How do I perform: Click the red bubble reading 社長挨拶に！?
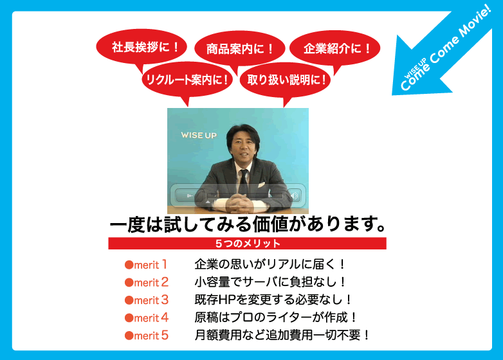(x=142, y=47)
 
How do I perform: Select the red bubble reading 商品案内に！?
(x=240, y=48)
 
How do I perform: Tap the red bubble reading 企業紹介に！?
(x=335, y=48)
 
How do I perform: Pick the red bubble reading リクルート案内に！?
(x=187, y=80)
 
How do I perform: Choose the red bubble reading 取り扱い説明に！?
(x=285, y=80)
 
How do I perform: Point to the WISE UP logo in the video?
(x=199, y=135)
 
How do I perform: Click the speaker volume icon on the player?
(x=294, y=195)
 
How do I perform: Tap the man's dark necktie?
(x=244, y=182)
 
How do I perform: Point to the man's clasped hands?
(x=239, y=204)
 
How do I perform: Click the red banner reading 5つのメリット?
(x=248, y=243)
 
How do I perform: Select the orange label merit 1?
(x=146, y=265)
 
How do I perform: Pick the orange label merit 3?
(x=146, y=300)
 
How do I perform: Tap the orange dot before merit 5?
(x=129, y=336)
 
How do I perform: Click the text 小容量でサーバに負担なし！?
(x=270, y=282)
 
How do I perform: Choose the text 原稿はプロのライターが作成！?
(x=275, y=318)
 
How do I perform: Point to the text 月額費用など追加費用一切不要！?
(x=282, y=336)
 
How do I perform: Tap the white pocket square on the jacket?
(x=261, y=185)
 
